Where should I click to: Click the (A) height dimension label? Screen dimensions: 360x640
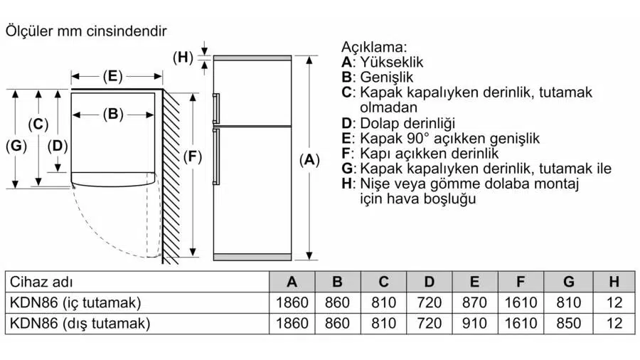309,161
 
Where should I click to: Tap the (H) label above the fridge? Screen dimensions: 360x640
183,58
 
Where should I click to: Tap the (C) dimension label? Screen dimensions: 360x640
38,125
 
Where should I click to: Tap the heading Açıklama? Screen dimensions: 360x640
375,48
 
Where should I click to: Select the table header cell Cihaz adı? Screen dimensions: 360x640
42,282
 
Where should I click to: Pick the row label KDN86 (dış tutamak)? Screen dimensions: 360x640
80,324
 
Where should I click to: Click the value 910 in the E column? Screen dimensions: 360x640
474,324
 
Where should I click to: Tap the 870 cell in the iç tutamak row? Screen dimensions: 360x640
474,302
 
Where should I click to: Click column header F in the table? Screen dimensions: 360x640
521,282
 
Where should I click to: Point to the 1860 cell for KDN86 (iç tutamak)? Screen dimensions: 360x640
292,302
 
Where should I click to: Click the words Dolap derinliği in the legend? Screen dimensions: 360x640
407,123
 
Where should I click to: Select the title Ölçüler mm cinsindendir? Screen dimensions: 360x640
86,31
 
